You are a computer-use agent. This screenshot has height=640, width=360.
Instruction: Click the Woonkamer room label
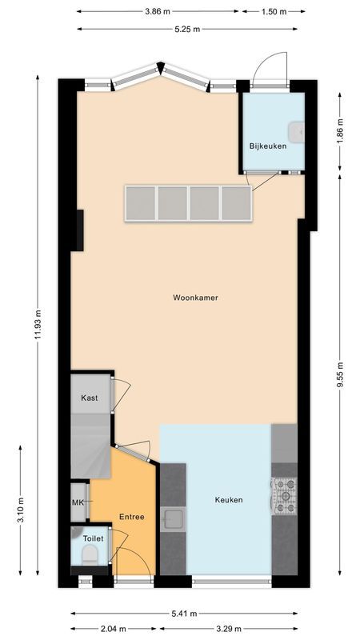pyautogui.click(x=195, y=298)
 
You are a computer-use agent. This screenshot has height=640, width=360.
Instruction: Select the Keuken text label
pyautogui.click(x=228, y=500)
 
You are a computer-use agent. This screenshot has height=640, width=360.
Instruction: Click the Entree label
pyautogui.click(x=132, y=517)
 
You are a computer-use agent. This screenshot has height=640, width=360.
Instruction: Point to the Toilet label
pyautogui.click(x=93, y=539)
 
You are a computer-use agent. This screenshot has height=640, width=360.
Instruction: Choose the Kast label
pyautogui.click(x=89, y=398)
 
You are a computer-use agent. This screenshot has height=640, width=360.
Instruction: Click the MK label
pyautogui.click(x=78, y=502)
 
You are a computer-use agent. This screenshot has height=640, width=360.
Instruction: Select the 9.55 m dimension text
pyautogui.click(x=339, y=374)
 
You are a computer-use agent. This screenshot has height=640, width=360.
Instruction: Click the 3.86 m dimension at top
pyautogui.click(x=158, y=12)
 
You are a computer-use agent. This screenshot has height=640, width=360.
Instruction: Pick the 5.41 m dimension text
pyautogui.click(x=184, y=614)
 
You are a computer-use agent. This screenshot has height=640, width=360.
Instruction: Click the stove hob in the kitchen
pyautogui.click(x=284, y=495)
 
